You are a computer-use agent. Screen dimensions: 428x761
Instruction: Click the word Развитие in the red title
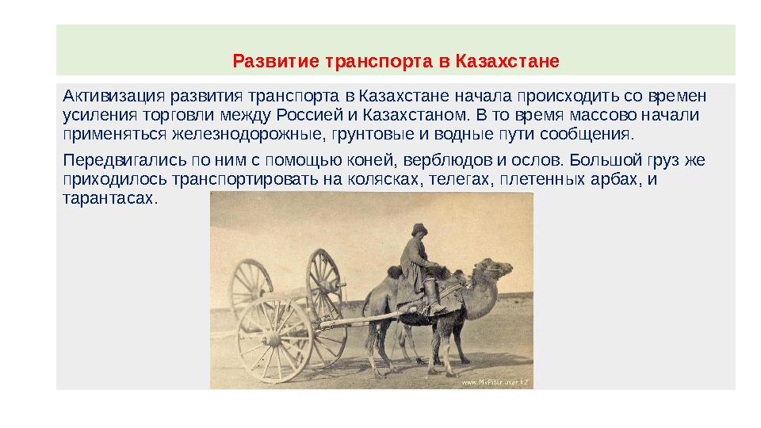pos(266,61)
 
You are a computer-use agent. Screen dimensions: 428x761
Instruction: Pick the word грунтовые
pos(375,132)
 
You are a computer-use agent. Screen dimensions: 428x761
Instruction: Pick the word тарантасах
pos(109,197)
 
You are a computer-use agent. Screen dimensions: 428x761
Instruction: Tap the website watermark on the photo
pos(495,382)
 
